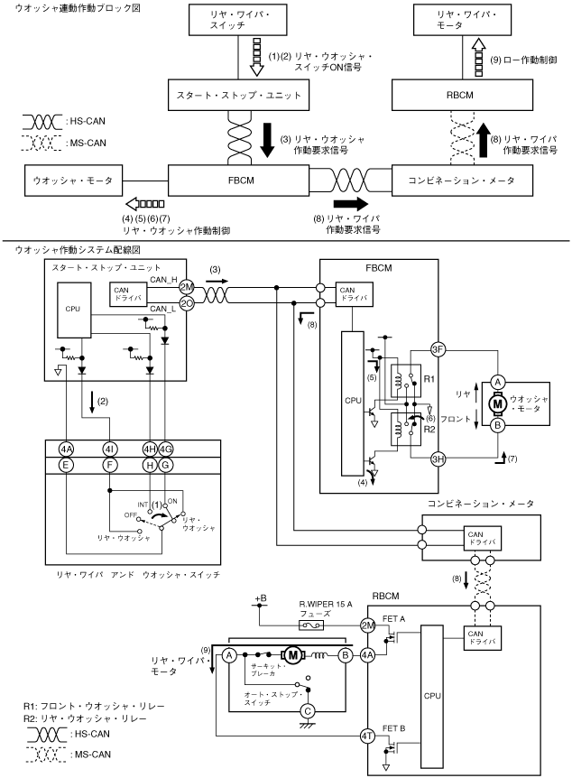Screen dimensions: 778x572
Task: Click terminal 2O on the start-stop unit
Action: pos(188,303)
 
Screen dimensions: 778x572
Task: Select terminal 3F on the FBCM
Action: pos(438,350)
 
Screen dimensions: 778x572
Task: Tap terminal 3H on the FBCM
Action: pos(438,457)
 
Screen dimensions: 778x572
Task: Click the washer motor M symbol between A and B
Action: pos(497,403)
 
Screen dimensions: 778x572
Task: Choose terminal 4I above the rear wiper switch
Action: pos(110,448)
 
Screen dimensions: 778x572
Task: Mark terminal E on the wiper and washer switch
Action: pos(66,466)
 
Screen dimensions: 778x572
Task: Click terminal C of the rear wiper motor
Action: pos(309,709)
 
